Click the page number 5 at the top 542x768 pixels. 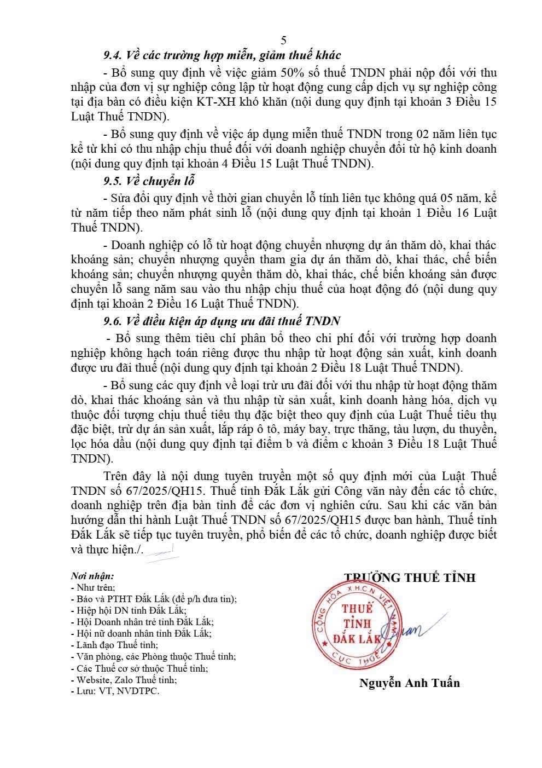coord(283,40)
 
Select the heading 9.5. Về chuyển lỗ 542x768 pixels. coord(149,181)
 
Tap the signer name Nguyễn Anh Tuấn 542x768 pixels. coord(409,683)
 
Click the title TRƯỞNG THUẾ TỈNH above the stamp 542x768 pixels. coord(410,577)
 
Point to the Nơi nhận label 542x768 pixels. coord(92,576)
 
